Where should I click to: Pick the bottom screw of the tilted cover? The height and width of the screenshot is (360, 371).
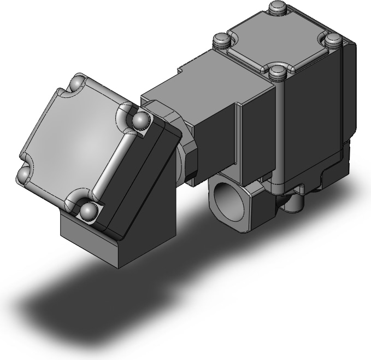click(87, 211)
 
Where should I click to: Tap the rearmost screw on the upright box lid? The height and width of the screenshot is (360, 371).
click(276, 8)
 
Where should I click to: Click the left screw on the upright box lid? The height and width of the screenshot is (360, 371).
click(221, 40)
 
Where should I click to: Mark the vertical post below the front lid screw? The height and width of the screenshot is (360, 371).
click(278, 131)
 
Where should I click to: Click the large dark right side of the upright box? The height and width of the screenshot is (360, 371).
click(317, 109)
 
